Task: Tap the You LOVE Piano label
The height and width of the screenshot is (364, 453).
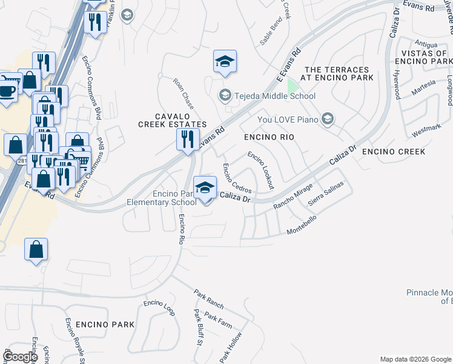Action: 288,120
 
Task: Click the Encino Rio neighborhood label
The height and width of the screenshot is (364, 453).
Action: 269,138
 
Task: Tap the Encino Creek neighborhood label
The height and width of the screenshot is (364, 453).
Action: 394,151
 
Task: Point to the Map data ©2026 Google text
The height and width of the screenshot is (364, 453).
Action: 415,359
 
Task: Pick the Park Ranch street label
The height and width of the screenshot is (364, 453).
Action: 209,298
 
